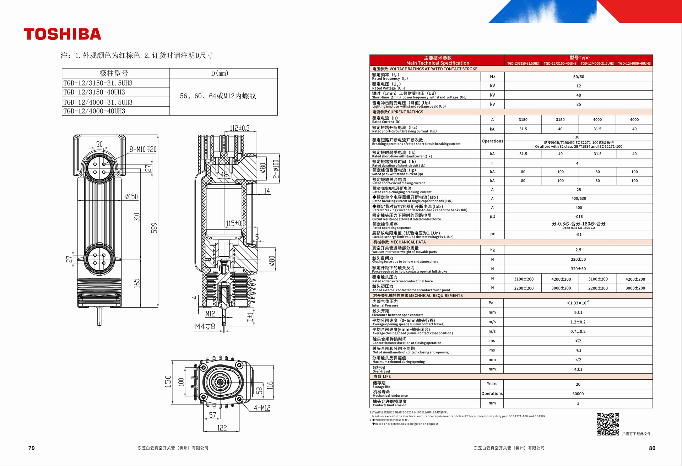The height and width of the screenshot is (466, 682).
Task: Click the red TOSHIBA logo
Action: point(63,34)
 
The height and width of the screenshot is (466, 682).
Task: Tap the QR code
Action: point(608,424)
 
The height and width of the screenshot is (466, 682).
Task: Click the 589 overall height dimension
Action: point(154,228)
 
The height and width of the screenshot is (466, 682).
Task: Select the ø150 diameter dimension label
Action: point(131,196)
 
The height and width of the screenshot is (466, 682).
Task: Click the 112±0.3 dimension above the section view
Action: point(239,128)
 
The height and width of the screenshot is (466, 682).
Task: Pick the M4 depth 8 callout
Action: point(205,326)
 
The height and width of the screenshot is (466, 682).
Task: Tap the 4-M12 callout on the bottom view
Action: point(262,408)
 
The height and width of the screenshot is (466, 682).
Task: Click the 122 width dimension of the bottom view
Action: point(222,428)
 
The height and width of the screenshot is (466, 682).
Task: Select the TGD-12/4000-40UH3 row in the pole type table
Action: point(94,111)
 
